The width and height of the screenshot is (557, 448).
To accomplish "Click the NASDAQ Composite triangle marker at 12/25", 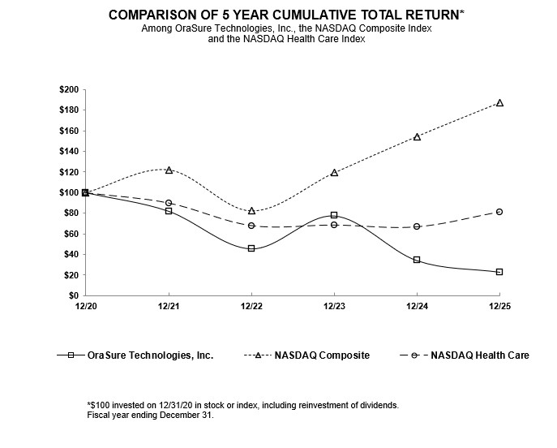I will [x=499, y=103].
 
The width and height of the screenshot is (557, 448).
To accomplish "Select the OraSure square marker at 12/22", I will [x=251, y=248].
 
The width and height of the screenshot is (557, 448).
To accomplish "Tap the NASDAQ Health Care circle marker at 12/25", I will [x=499, y=212].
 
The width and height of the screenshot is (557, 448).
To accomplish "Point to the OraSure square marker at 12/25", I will [x=499, y=272].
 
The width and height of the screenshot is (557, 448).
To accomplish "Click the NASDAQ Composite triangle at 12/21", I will [x=169, y=170].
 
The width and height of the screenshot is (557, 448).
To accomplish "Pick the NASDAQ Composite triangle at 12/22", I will [x=251, y=211].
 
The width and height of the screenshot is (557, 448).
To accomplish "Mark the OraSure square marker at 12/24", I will [x=417, y=260].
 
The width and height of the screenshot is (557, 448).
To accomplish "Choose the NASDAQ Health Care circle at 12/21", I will [x=169, y=203].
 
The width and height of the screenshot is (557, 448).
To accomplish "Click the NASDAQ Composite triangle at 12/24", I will [x=417, y=137].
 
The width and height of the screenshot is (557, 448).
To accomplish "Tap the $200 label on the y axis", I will [x=69, y=89].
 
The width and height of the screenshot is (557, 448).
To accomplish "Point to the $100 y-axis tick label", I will [x=69, y=192].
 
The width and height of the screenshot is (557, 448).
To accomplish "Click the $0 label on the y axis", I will [x=74, y=296].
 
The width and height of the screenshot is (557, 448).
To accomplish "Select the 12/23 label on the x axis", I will [x=334, y=306].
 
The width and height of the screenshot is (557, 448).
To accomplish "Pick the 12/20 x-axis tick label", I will [x=85, y=306].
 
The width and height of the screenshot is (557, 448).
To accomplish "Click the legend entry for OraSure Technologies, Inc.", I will [x=151, y=355].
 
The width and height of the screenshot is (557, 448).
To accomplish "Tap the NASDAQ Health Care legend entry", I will [x=479, y=355].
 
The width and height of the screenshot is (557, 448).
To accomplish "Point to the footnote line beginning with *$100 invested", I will [x=242, y=404].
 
